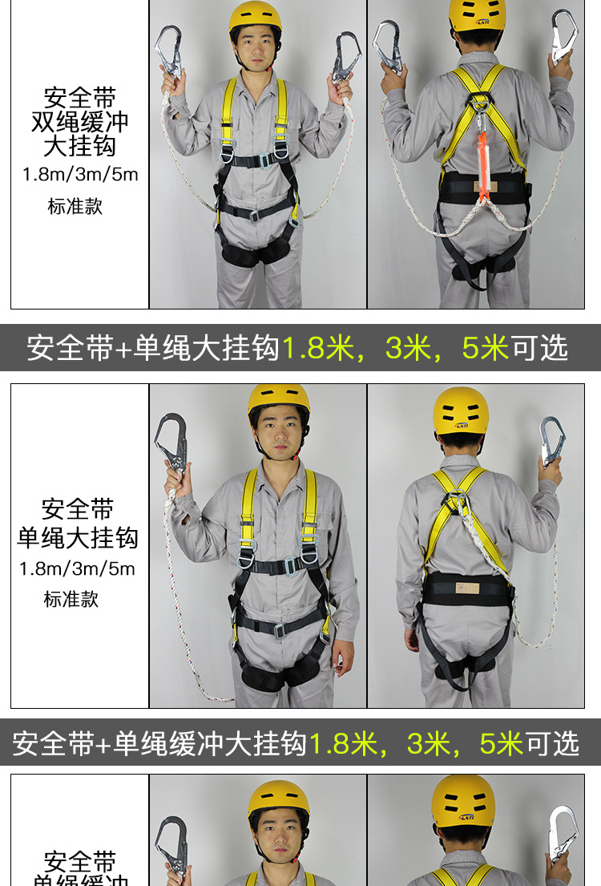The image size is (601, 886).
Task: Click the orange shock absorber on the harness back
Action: [x=482, y=153]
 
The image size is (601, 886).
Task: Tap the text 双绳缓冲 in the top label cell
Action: [x=79, y=123]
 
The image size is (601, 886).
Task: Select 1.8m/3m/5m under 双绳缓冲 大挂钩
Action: [x=79, y=175]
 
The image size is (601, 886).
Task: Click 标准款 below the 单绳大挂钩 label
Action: [x=71, y=599]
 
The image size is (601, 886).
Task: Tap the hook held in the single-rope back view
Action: [x=551, y=439]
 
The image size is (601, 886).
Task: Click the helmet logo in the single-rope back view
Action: [x=462, y=426]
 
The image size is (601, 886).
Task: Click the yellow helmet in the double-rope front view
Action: [x=256, y=16]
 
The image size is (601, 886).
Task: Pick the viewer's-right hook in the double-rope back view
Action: [x=563, y=36]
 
